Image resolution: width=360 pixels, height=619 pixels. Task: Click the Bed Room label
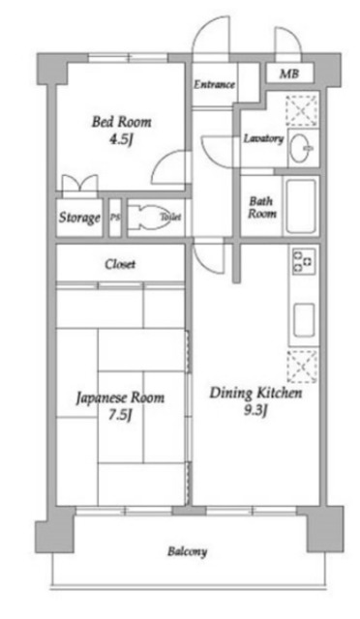(x=121, y=122)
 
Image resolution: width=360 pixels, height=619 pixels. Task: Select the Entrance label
(x=214, y=85)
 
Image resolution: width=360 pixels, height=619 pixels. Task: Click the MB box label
(x=289, y=74)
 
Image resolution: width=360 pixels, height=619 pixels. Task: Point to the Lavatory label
(x=262, y=138)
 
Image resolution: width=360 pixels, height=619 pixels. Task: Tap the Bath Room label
(x=262, y=207)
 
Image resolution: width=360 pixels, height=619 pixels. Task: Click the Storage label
(x=79, y=219)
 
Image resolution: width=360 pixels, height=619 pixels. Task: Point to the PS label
(x=115, y=218)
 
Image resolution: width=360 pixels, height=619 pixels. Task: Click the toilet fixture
(x=149, y=218)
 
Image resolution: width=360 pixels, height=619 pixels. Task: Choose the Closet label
(x=120, y=264)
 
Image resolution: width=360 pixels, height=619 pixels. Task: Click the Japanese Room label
(x=120, y=398)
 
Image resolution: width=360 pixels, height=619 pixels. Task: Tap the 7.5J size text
(x=120, y=415)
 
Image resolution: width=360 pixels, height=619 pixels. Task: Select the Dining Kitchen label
(x=256, y=395)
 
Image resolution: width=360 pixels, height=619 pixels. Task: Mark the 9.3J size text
(x=256, y=411)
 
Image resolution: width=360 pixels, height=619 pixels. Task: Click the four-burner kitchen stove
(x=303, y=262)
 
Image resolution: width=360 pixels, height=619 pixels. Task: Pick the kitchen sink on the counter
(x=303, y=317)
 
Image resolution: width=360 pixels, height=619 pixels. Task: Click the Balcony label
(x=186, y=552)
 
